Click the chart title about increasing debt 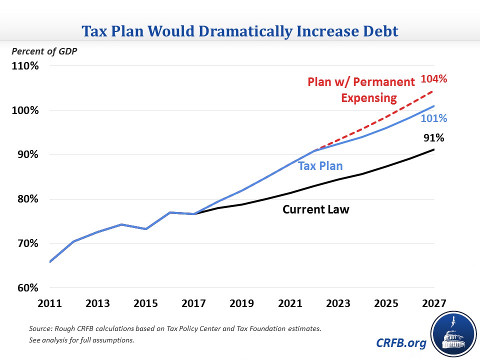pos(240,31)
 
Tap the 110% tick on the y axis pos(24,66)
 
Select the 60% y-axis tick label pos(24,288)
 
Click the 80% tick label pos(24,199)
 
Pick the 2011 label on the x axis pos(50,304)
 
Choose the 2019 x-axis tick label pos(242,304)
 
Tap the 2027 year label pos(433,304)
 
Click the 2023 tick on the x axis pos(338,304)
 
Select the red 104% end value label pos(434,78)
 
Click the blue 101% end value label pos(434,119)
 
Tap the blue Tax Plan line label pos(320,166)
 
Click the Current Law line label pos(315,209)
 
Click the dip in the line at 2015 pos(145,229)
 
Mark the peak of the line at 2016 pos(170,212)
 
